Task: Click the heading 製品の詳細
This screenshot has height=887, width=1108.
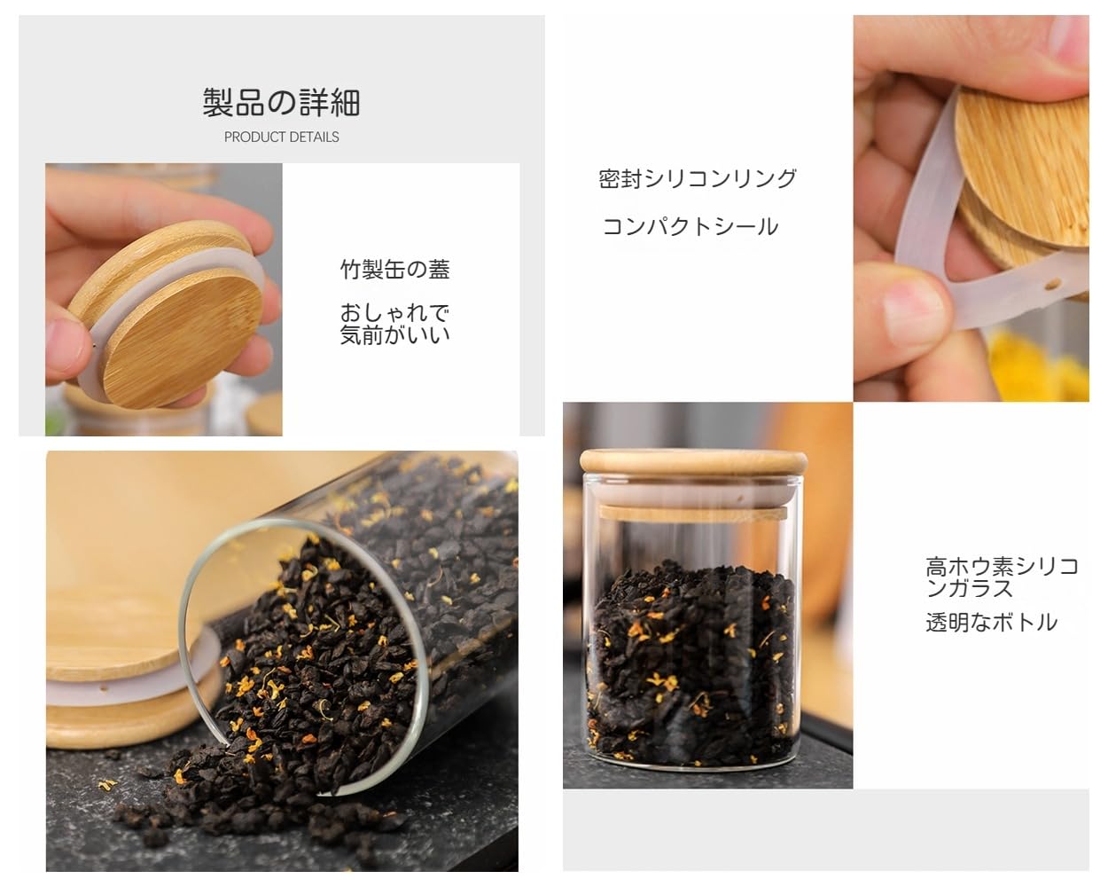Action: coord(281,103)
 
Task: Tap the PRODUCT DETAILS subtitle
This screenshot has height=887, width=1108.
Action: coord(281,137)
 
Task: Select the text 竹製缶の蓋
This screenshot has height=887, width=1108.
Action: coord(395,270)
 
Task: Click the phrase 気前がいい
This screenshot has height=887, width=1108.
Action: coord(395,335)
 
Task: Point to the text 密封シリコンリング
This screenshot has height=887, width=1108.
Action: coord(698,178)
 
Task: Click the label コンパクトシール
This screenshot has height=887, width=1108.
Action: coord(691,226)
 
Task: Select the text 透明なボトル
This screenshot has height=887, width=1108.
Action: coord(991,623)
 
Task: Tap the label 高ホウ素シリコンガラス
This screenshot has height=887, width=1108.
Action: coord(1001,577)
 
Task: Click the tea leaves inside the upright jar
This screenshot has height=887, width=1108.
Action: coord(691,656)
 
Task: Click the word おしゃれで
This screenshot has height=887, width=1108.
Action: coord(395,313)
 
